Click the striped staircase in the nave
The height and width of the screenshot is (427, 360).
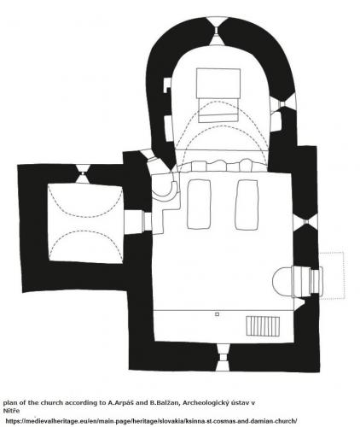pyautogui.click(x=263, y=325)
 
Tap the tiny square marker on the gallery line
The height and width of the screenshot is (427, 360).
pyautogui.click(x=217, y=314)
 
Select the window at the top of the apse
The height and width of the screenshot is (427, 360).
pyautogui.click(x=217, y=31)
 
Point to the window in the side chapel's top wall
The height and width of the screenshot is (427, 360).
pyautogui.click(x=82, y=173)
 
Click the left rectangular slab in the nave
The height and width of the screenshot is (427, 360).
pyautogui.click(x=199, y=204)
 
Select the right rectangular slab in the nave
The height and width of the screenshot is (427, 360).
pyautogui.click(x=247, y=204)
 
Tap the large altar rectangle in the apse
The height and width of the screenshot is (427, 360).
pyautogui.click(x=218, y=83)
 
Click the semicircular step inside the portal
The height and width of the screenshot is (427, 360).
pyautogui.click(x=282, y=282)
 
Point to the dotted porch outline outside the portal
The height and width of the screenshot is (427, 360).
pyautogui.click(x=333, y=275)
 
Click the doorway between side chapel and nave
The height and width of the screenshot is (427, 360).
pyautogui.click(x=138, y=222)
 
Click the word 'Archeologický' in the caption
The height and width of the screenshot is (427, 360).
pyautogui.click(x=206, y=403)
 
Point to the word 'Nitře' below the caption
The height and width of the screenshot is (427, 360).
pyautogui.click(x=11, y=411)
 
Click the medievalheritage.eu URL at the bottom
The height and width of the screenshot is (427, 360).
pyautogui.click(x=151, y=421)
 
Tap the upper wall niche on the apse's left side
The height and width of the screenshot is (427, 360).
pyautogui.click(x=167, y=85)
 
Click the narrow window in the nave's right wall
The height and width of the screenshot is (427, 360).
pyautogui.click(x=306, y=221)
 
